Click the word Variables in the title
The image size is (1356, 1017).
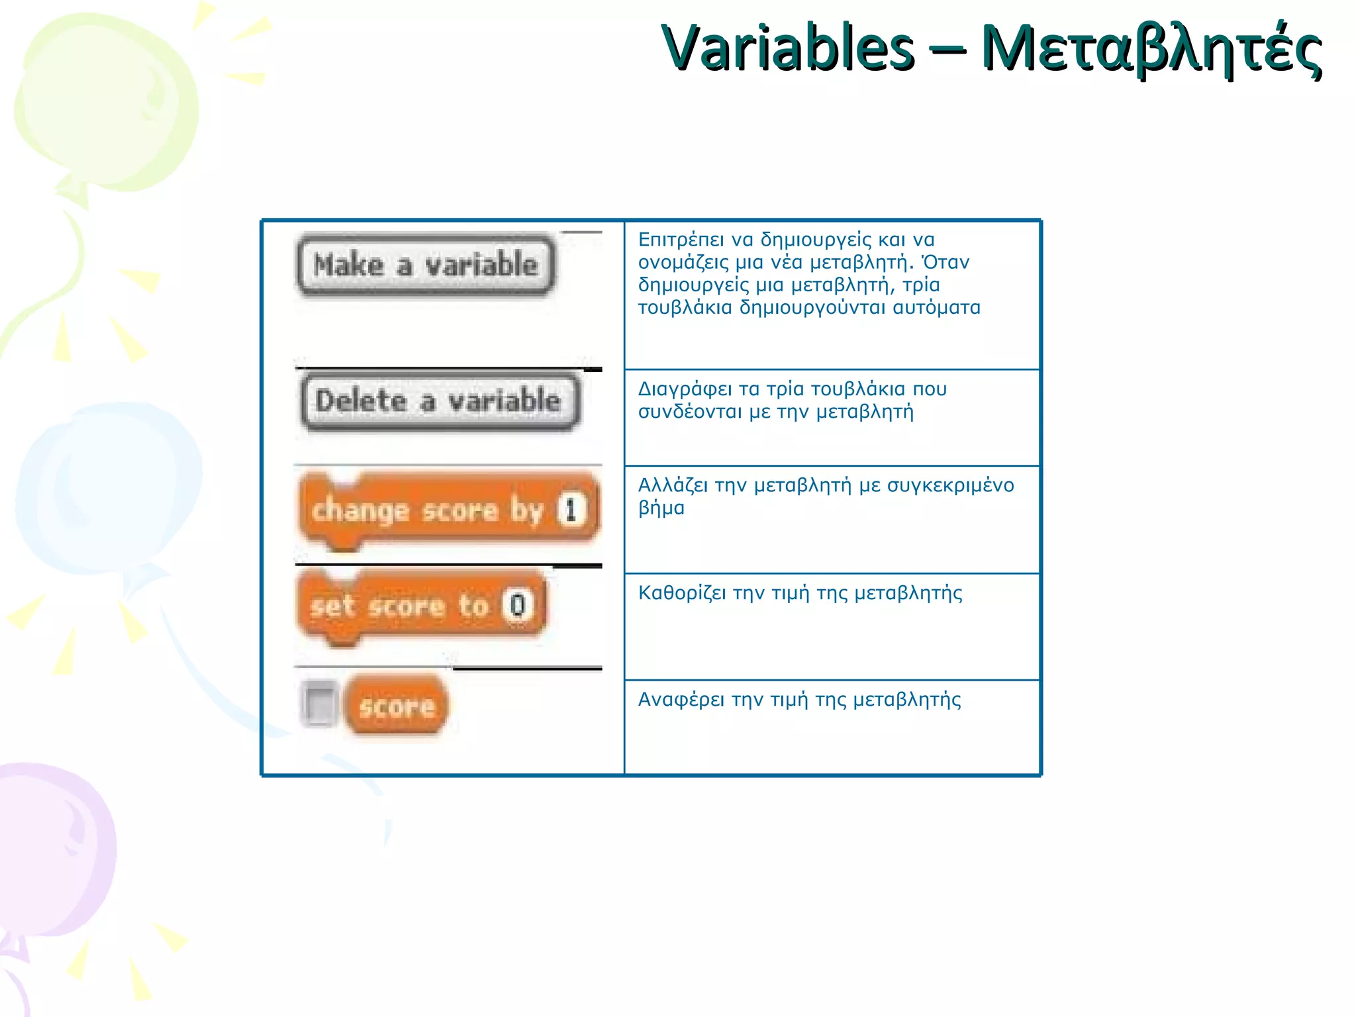coord(788,48)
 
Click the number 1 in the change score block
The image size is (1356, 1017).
coord(571,510)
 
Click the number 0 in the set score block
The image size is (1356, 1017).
coord(518,605)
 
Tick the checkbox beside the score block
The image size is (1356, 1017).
coord(319,704)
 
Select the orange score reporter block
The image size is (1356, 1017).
coord(397,706)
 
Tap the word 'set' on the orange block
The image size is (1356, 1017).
coord(332,606)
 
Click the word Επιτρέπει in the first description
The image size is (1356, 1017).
coord(681,240)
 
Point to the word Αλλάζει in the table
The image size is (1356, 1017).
coord(673,486)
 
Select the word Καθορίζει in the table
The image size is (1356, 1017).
coord(682,593)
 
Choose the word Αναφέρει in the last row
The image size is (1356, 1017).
coord(681,701)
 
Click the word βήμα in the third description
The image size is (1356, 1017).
coord(661,508)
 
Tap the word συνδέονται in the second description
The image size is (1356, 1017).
coord(689,412)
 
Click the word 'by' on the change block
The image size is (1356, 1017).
coord(526,511)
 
